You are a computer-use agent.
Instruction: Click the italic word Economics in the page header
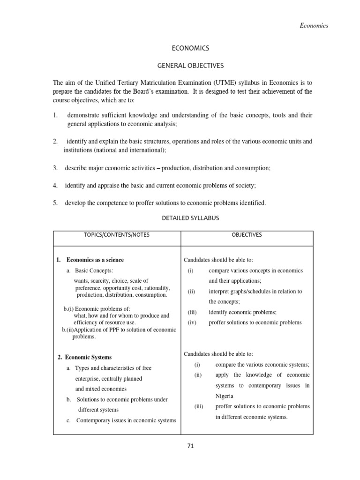tap(314, 25)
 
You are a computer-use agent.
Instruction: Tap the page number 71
tap(190, 446)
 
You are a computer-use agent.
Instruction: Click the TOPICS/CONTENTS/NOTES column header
tap(117, 235)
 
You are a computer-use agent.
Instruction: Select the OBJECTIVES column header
tap(247, 235)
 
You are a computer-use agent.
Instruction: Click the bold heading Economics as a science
tap(95, 260)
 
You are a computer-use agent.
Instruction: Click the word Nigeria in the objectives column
tap(225, 396)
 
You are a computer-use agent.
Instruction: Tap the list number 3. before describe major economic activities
tap(55, 168)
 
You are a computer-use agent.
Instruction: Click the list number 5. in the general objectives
tap(55, 203)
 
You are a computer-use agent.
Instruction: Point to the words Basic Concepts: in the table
tap(94, 271)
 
